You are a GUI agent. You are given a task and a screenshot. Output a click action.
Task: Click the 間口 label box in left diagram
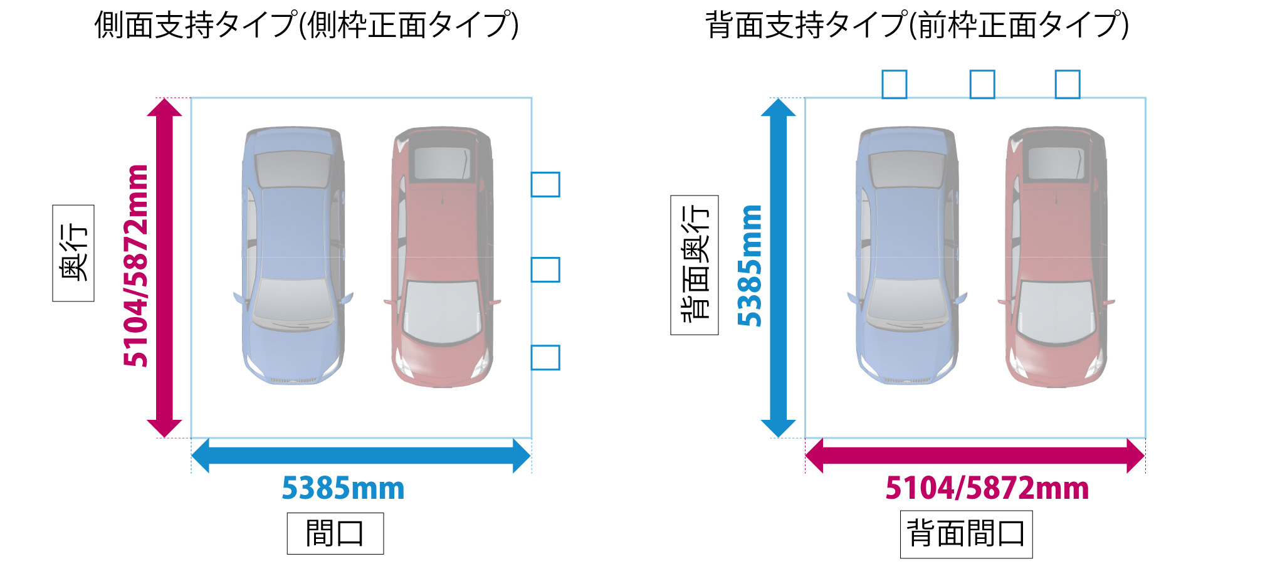335,533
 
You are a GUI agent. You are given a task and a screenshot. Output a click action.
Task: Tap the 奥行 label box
73,253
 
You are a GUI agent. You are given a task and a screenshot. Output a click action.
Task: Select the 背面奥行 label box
695,265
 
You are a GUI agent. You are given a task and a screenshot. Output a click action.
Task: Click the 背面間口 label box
966,535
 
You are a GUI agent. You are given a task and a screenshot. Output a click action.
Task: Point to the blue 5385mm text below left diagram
343,488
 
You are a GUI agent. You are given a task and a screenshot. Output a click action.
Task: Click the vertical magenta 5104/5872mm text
136,265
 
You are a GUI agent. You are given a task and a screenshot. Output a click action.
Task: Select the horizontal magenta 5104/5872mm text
987,488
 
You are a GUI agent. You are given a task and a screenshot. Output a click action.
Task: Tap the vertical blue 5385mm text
750,265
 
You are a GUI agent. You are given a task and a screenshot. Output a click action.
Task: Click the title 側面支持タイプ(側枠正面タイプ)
307,26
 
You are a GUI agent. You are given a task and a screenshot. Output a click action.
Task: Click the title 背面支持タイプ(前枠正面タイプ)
917,26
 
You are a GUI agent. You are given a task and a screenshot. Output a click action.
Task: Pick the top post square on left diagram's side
545,185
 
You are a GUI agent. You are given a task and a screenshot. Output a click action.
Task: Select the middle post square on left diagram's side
545,269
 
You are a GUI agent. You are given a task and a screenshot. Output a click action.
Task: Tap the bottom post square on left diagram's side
545,357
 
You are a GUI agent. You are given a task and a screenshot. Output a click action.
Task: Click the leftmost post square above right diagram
895,84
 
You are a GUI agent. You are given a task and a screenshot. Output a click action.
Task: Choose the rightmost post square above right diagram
1068,84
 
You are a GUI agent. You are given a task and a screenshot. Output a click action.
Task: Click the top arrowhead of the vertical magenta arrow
164,108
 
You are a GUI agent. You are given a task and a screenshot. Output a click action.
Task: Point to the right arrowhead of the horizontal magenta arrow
1135,456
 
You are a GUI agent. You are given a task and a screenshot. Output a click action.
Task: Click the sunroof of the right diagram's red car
1056,164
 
